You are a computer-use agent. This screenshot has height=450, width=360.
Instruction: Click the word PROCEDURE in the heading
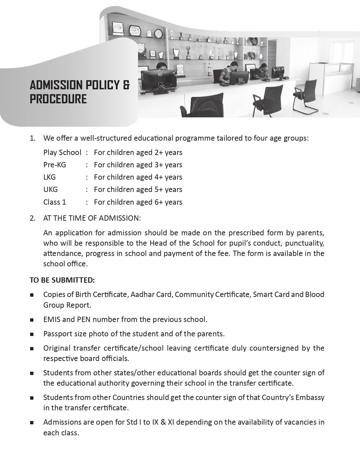pos(58,99)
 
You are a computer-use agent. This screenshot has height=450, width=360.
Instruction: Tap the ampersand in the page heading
pos(126,85)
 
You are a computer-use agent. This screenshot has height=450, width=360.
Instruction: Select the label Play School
pos(62,153)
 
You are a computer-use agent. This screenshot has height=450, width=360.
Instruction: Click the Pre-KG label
pos(55,165)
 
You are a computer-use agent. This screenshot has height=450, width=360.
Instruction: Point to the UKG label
pos(50,190)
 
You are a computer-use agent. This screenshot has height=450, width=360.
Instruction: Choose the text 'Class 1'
pos(55,202)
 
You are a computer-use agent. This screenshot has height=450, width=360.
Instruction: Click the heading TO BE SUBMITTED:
pos(62,280)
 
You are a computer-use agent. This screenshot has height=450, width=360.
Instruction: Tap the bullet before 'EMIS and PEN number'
pos(32,320)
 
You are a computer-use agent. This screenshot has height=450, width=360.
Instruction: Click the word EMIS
pos(52,320)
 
